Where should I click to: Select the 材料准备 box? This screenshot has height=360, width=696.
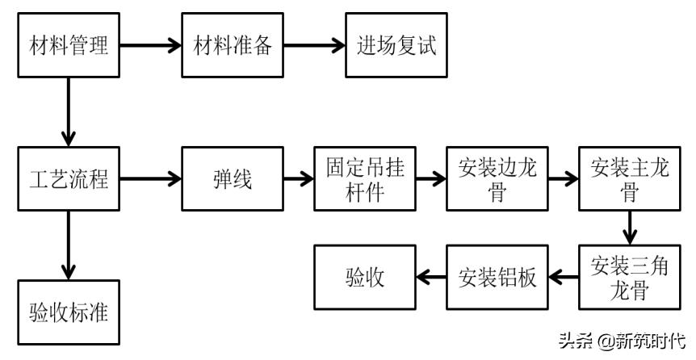(232, 45)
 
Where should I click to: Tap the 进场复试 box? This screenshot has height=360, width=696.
(396, 45)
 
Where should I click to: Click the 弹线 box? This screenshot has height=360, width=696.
(232, 179)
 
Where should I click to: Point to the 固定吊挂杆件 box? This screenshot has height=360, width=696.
(364, 179)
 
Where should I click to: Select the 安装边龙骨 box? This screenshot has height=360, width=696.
(497, 179)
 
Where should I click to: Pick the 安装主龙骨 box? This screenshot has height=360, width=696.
(628, 179)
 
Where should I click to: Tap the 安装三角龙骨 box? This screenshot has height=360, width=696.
(628, 278)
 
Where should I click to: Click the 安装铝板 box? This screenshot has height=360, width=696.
(497, 278)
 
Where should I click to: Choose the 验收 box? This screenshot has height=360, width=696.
(364, 278)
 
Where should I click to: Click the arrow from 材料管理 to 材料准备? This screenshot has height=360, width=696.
(151, 45)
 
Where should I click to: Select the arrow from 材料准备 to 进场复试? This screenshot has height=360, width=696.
(314, 45)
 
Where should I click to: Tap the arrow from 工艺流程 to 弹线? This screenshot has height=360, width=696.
(151, 179)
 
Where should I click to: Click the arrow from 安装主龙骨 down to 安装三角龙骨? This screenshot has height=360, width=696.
(628, 228)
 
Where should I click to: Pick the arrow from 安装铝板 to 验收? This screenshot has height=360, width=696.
(430, 278)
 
